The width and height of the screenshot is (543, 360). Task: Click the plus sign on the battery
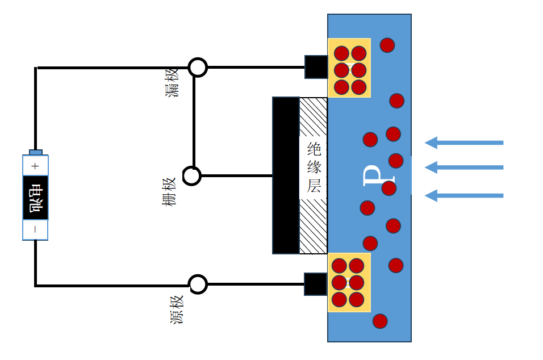[x=35, y=166]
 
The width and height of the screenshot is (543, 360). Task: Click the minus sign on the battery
[x=35, y=229]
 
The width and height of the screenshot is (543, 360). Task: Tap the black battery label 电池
[x=35, y=198]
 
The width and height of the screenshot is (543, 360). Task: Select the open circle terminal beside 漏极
[x=198, y=67]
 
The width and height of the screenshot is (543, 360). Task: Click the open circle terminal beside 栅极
[x=192, y=176]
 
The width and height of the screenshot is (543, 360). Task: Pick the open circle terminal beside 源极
[x=198, y=284]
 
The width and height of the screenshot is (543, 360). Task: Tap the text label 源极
[x=177, y=309]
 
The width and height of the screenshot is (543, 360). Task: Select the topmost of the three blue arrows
[x=464, y=143]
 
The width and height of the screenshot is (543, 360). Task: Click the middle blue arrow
[x=464, y=167]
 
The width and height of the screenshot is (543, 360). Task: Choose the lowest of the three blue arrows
[x=464, y=196]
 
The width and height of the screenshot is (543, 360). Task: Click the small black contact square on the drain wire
[x=316, y=67]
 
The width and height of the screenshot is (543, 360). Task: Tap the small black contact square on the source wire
[x=316, y=284]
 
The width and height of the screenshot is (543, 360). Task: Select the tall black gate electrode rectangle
[x=286, y=175]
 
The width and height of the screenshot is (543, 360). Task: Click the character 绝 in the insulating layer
[x=314, y=150]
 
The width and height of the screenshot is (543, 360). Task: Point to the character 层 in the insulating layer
[x=314, y=186]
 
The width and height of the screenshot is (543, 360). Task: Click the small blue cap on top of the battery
[x=35, y=152]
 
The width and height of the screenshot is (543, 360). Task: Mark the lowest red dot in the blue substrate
[x=380, y=321]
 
